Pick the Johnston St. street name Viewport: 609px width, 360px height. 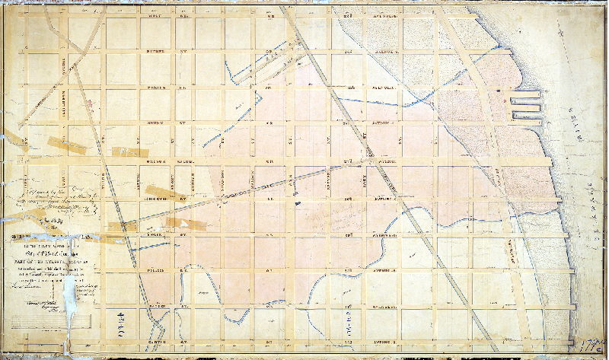point(162,196)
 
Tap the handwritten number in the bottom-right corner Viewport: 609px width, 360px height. point(596,347)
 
